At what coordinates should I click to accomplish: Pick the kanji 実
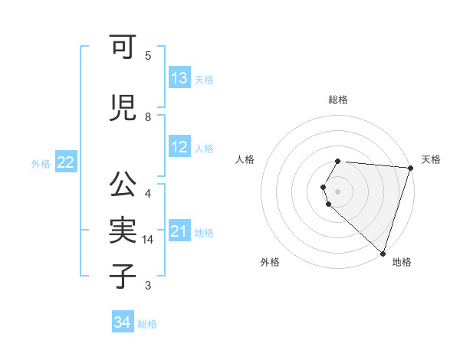[123, 231]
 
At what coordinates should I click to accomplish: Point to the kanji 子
[123, 276]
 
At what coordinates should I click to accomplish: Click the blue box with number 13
[179, 78]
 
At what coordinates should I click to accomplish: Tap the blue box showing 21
[179, 231]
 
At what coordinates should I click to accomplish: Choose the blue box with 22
[65, 162]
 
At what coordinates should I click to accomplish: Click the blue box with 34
[122, 322]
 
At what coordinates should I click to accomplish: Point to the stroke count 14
[149, 240]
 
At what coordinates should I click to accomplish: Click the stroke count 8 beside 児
[148, 117]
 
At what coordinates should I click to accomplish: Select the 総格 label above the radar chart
[338, 100]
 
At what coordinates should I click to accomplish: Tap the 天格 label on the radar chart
[431, 159]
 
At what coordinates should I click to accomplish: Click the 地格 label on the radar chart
[402, 262]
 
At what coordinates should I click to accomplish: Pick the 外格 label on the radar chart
[270, 262]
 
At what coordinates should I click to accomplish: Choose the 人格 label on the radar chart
[245, 159]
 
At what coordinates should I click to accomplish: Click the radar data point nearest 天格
[410, 168]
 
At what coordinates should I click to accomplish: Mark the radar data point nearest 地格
[383, 253]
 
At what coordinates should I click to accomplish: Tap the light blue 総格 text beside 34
[147, 324]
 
